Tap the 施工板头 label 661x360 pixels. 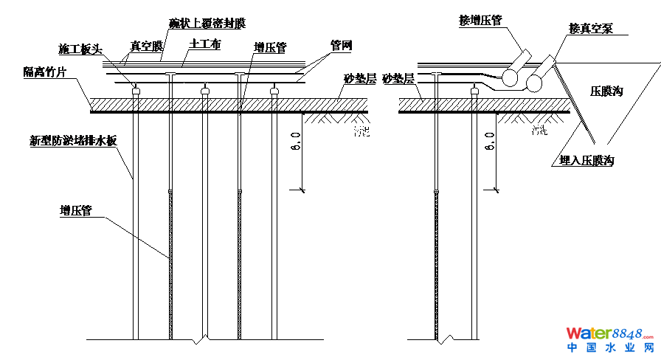pos(80,49)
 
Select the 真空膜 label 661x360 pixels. pos(146,46)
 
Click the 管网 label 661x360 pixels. pos(341,46)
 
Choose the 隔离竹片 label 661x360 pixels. pos(46,72)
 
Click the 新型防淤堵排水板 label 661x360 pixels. pos(73,140)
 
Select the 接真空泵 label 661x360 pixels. pos(590,29)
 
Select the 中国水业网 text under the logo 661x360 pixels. pos(610,347)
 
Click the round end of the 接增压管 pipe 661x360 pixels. pos(510,76)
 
